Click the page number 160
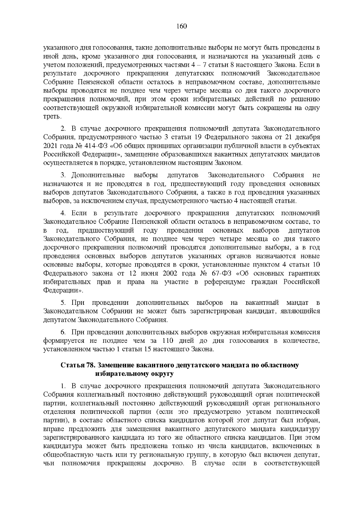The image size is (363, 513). click(181, 26)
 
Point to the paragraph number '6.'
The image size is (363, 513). click(64, 332)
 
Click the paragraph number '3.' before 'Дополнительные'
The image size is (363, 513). click(64, 175)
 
